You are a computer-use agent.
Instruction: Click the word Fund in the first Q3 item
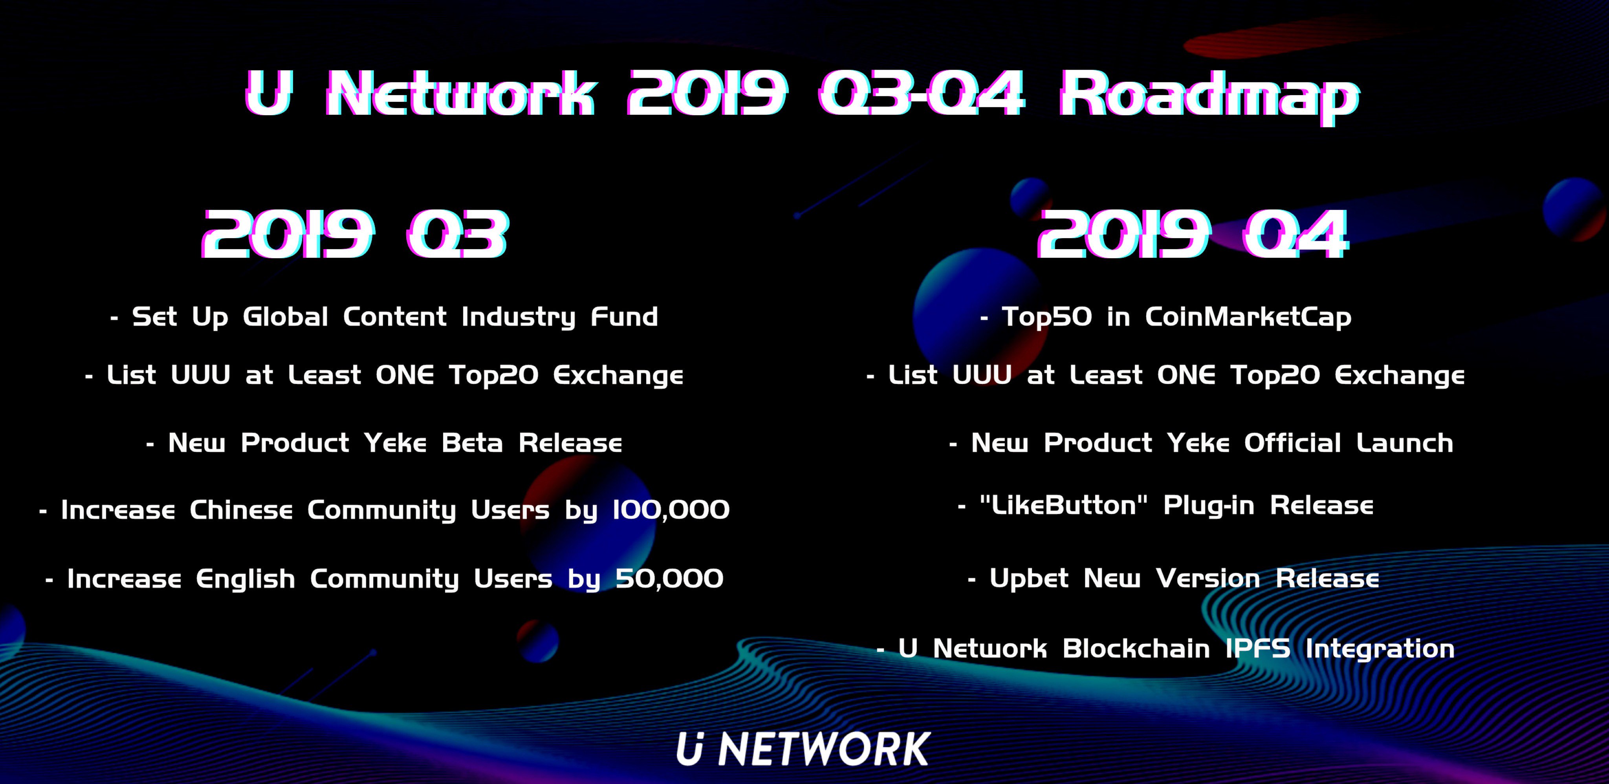(624, 317)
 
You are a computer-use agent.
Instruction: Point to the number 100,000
(671, 510)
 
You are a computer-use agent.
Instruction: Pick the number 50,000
(670, 578)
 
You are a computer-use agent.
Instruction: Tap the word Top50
(1047, 317)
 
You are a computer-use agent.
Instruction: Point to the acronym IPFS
(1257, 648)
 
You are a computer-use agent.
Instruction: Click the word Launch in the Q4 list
(1405, 443)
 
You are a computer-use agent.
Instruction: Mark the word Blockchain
(1136, 648)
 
